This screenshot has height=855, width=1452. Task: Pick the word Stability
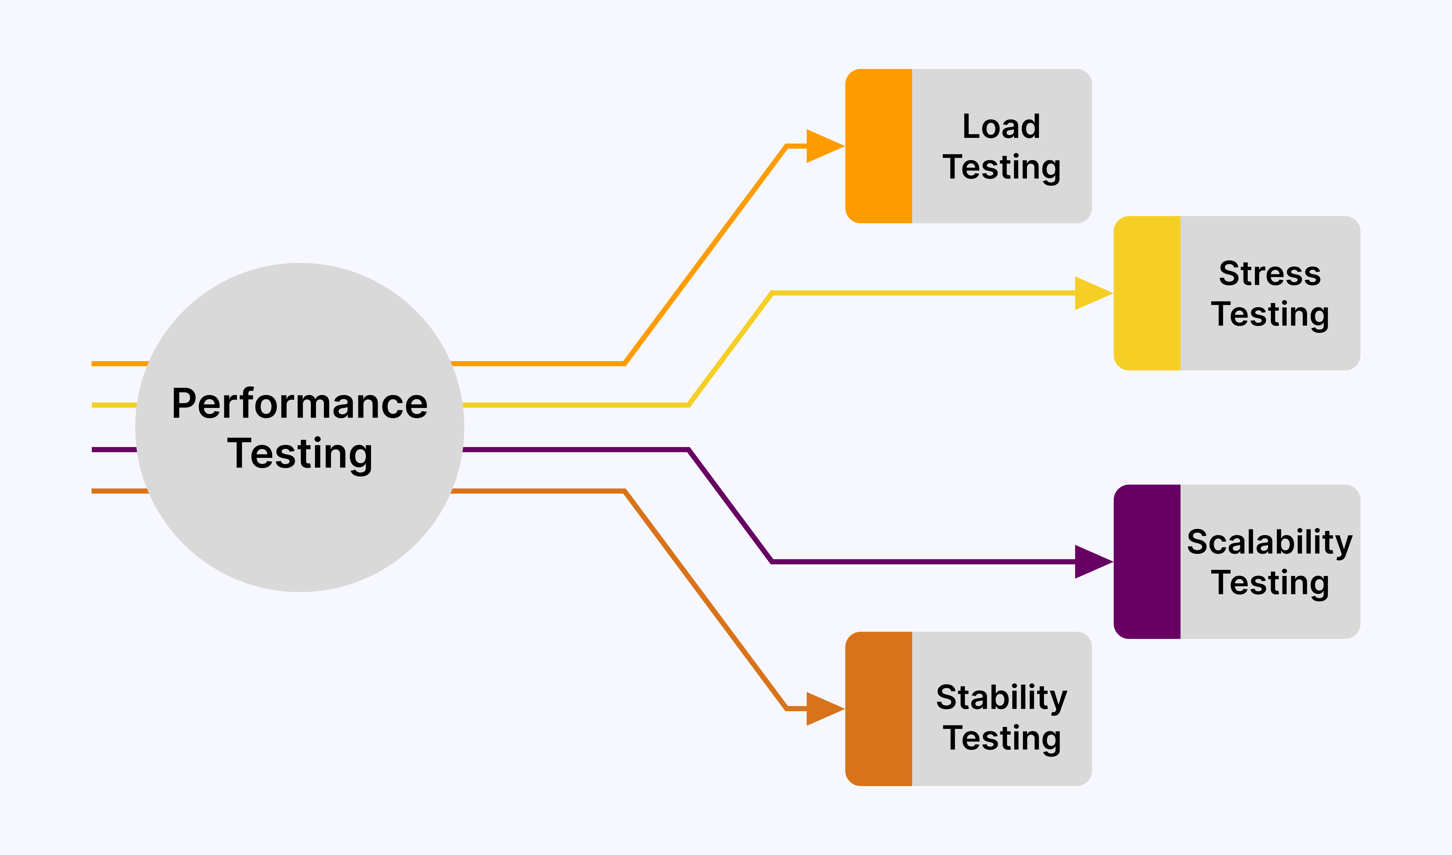(x=1001, y=698)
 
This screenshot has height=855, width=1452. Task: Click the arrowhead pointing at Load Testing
(x=823, y=146)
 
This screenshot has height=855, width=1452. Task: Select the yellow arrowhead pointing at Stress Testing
(x=1091, y=293)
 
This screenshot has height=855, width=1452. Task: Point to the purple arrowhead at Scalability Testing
(x=1091, y=562)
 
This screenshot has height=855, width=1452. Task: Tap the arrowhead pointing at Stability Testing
(x=823, y=709)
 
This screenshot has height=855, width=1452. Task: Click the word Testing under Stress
(x=1270, y=315)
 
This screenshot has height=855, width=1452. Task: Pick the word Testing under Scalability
(x=1270, y=583)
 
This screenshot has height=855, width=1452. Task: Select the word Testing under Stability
(x=1001, y=738)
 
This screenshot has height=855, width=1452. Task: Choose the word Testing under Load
(x=1001, y=168)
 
